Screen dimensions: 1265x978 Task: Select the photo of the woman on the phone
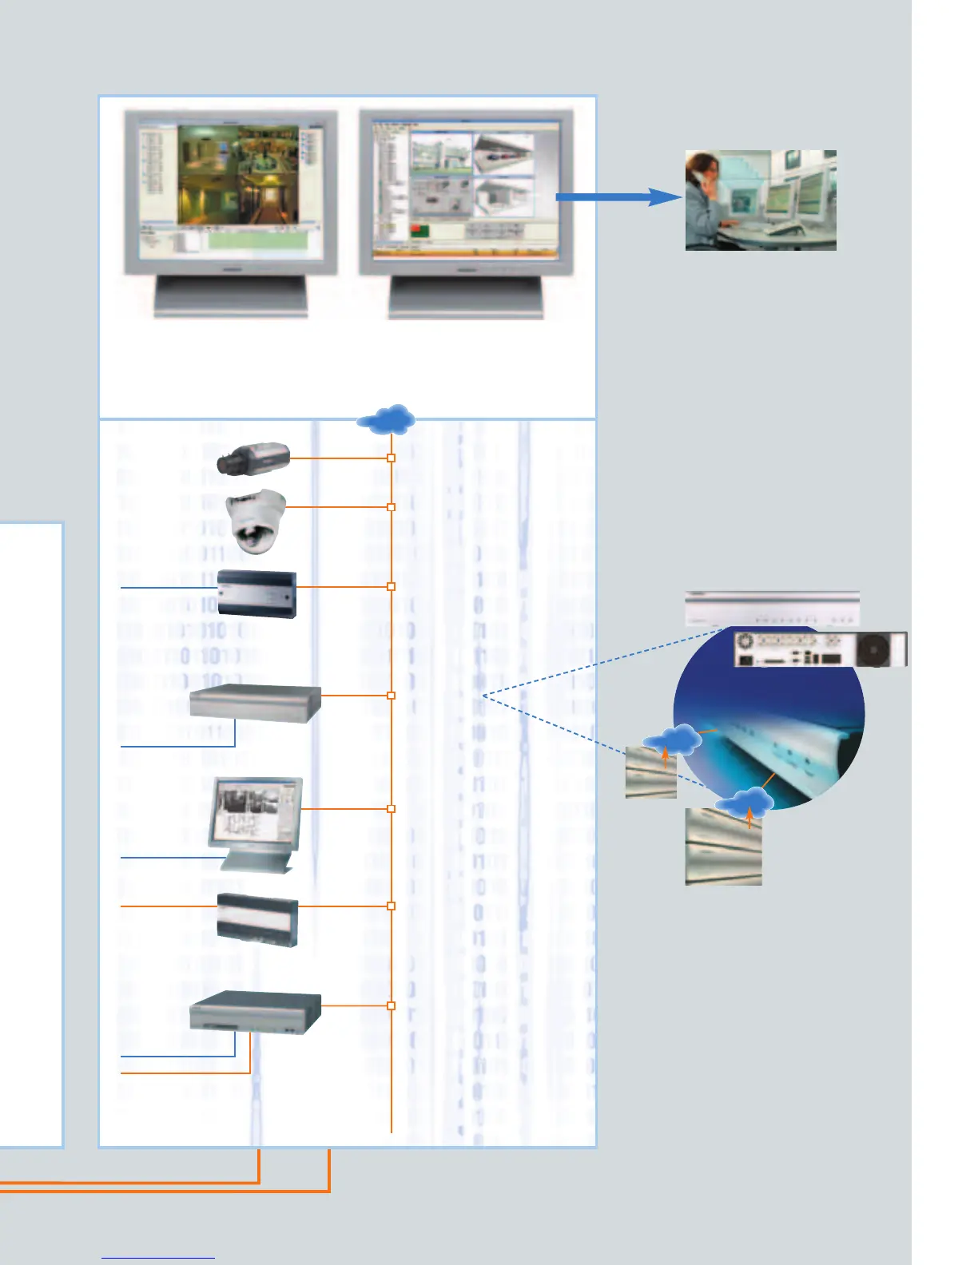click(x=761, y=200)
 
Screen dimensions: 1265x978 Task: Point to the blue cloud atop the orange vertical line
click(x=387, y=418)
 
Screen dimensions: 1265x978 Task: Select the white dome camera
click(x=256, y=520)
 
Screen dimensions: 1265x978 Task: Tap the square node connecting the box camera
click(x=391, y=458)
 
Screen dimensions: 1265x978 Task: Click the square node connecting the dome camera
click(x=391, y=507)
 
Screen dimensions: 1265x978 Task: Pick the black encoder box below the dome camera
click(x=257, y=593)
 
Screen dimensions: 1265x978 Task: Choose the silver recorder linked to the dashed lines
click(x=255, y=703)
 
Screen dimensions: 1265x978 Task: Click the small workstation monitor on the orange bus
click(x=255, y=823)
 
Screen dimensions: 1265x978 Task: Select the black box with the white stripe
click(x=257, y=920)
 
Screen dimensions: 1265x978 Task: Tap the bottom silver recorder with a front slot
click(x=255, y=1014)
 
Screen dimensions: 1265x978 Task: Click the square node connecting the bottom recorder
click(x=391, y=1005)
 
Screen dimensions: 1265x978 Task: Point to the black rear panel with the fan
click(x=820, y=648)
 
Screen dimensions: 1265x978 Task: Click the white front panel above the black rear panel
click(x=772, y=609)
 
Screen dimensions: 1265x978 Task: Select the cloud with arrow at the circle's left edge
click(x=673, y=742)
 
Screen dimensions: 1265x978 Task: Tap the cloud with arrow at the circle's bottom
click(x=744, y=803)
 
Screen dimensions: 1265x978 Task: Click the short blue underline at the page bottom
click(x=158, y=1259)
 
